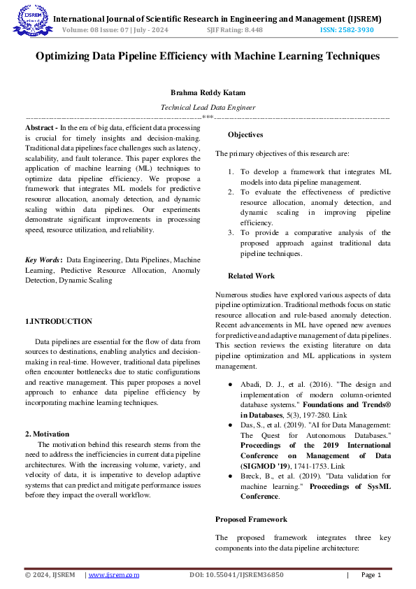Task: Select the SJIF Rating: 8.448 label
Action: tap(235, 29)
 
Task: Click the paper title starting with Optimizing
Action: tap(208, 55)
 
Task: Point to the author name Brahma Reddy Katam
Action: tap(208, 92)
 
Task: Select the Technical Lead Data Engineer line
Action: tap(208, 108)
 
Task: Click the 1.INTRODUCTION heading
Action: tap(58, 321)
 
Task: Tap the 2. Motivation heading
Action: tap(47, 434)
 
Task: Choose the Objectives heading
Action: tap(245, 134)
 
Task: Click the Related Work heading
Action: tap(251, 276)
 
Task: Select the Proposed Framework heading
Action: tap(251, 520)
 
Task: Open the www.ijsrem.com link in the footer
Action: tap(113, 575)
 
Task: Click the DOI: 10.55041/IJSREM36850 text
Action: tap(236, 575)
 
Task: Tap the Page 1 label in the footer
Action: tap(371, 575)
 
